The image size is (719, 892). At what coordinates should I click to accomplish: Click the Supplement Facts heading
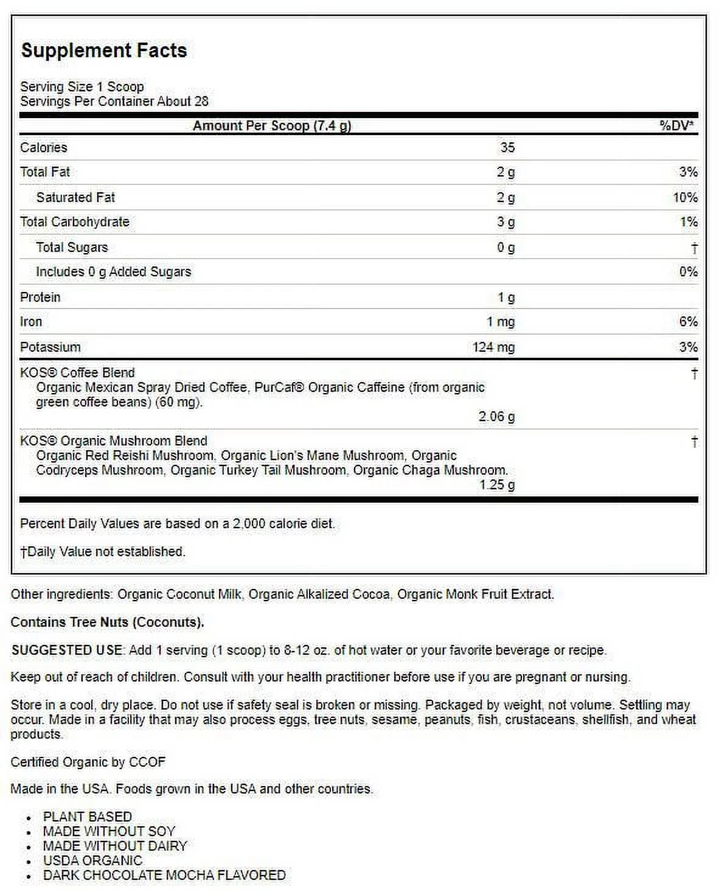[x=104, y=51]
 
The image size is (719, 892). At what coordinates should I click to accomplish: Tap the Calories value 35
[x=507, y=148]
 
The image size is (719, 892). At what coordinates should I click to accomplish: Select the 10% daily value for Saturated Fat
[x=685, y=198]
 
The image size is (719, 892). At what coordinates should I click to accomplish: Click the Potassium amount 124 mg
[x=493, y=347]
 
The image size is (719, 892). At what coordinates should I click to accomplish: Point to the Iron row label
[x=31, y=322]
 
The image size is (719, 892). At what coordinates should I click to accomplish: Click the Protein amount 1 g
[x=506, y=298]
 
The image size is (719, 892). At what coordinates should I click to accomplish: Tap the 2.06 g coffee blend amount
[x=496, y=417]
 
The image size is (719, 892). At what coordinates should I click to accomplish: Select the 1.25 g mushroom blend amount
[x=496, y=485]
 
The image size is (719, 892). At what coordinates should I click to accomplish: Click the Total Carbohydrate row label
[x=75, y=222]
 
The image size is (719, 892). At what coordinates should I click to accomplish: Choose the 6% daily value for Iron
[x=688, y=322]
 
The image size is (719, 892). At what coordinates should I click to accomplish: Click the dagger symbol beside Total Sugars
[x=694, y=248]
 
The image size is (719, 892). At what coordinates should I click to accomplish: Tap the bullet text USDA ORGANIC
[x=92, y=860]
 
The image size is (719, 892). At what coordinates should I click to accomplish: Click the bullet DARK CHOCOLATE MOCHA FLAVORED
[x=164, y=875]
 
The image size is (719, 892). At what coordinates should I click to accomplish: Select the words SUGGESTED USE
[x=67, y=650]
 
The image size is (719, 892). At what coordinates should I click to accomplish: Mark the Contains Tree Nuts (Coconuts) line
[x=107, y=622]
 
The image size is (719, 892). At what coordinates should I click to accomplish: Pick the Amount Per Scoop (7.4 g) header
[x=272, y=126]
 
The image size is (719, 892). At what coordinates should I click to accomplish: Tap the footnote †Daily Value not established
[x=103, y=552]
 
